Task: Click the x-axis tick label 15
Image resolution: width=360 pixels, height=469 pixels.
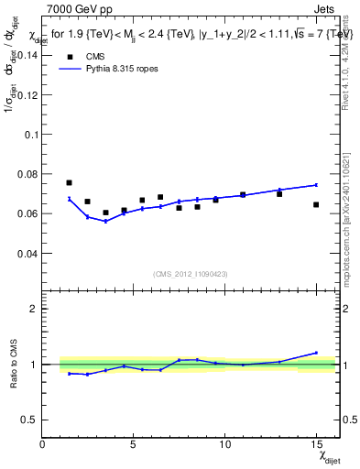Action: pos(316,443)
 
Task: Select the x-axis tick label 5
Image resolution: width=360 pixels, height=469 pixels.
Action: pos(134,443)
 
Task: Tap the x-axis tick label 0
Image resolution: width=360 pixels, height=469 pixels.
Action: pos(42,443)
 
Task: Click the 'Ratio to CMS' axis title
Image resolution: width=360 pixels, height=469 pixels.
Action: pos(12,365)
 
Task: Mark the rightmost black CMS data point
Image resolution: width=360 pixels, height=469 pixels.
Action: pos(316,204)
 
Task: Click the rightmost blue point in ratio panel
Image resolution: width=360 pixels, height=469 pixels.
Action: pos(316,353)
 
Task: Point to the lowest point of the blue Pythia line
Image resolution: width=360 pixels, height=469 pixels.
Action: pos(105,222)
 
